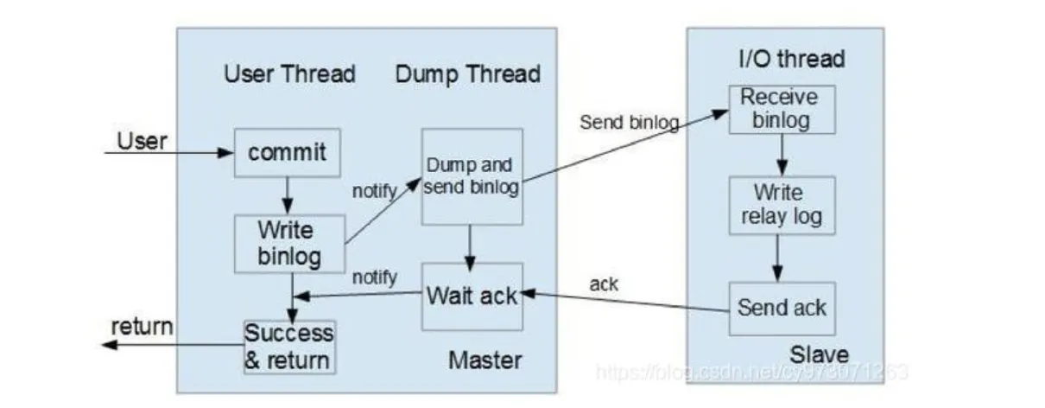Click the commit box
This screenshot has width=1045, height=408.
click(288, 153)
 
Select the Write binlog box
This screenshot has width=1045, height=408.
click(289, 244)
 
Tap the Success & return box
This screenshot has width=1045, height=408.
click(288, 346)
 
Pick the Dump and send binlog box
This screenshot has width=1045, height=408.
click(472, 176)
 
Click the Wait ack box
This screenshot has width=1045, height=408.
click(472, 296)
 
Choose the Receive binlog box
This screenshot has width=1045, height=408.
click(782, 108)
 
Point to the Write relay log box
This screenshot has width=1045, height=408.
click(782, 204)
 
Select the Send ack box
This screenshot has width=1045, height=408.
click(782, 307)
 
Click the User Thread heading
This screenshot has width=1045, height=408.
click(289, 73)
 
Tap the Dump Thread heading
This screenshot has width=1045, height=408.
click(468, 73)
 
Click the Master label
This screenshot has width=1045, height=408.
click(484, 359)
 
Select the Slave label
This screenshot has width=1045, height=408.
click(820, 354)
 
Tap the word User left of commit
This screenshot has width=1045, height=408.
click(142, 140)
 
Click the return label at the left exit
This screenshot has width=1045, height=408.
click(142, 327)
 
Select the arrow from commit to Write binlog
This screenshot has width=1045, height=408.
click(288, 196)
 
